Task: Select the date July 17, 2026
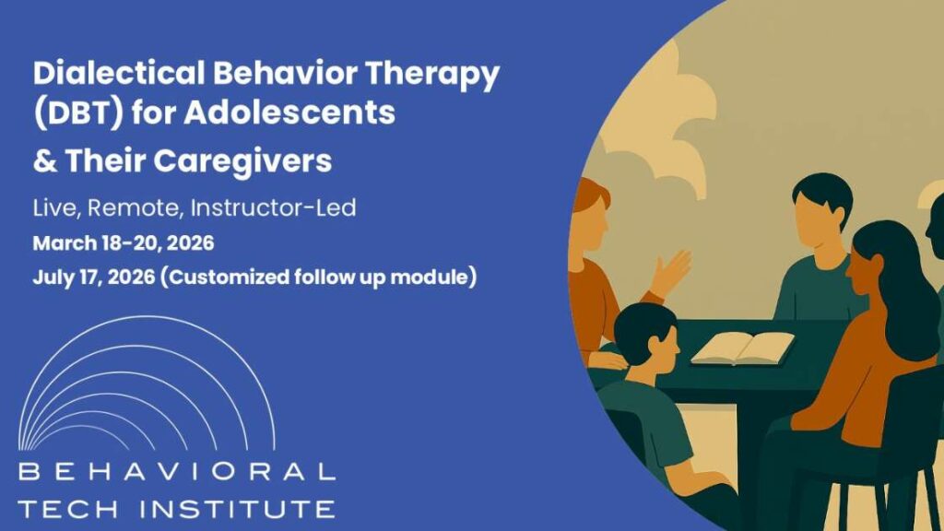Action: pyautogui.click(x=91, y=276)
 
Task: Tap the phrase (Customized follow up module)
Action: pyautogui.click(x=318, y=276)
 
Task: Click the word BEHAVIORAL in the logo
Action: pyautogui.click(x=176, y=473)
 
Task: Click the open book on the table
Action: pyautogui.click(x=743, y=348)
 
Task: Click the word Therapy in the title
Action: pyautogui.click(x=446, y=75)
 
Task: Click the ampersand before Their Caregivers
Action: pyautogui.click(x=43, y=161)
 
